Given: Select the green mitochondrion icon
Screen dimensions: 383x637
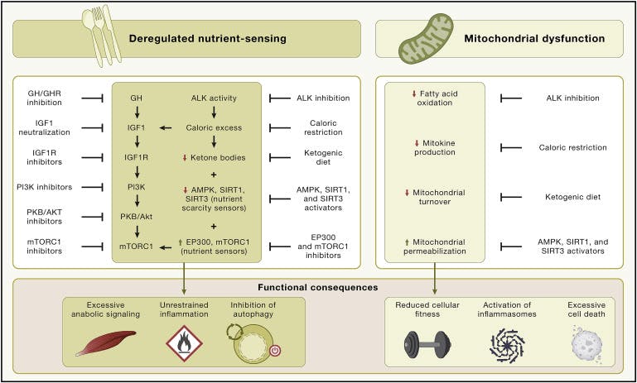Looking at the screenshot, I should click(418, 40).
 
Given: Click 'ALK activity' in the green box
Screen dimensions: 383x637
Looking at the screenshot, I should click(213, 98).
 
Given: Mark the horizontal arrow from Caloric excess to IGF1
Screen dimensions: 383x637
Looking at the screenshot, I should click(166, 127).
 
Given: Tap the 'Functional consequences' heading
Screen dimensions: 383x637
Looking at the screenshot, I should click(318, 287).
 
